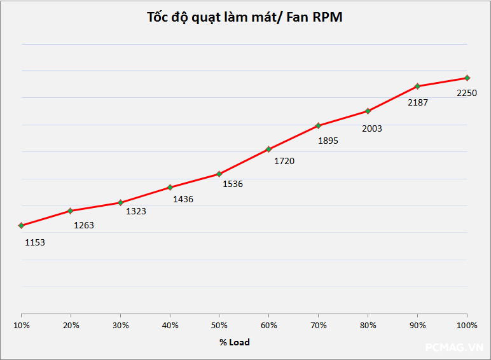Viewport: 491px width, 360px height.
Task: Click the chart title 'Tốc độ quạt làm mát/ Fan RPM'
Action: pyautogui.click(x=245, y=17)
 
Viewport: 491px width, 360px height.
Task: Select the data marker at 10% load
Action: pyautogui.click(x=22, y=225)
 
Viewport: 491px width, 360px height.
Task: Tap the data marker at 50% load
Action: pyautogui.click(x=219, y=174)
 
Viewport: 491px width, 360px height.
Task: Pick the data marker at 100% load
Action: pyautogui.click(x=467, y=78)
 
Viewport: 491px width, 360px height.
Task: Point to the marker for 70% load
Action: pyautogui.click(x=318, y=125)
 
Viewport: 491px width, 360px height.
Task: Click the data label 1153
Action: pyautogui.click(x=35, y=242)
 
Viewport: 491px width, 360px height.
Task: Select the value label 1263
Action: pyautogui.click(x=84, y=225)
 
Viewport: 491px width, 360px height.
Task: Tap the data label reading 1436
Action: pyautogui.click(x=183, y=199)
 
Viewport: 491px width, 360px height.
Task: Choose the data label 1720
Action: pyautogui.click(x=284, y=161)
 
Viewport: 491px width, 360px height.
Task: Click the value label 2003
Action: pyautogui.click(x=372, y=128)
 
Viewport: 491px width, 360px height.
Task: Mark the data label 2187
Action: pyautogui.click(x=418, y=102)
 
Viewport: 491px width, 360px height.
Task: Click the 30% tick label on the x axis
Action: pyautogui.click(x=121, y=325)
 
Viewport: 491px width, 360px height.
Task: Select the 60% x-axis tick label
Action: pyautogui.click(x=269, y=325)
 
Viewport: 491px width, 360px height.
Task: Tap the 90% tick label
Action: pyautogui.click(x=417, y=325)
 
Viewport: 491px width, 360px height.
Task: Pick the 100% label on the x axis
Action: pyautogui.click(x=467, y=325)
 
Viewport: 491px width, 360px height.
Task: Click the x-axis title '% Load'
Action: pyautogui.click(x=235, y=342)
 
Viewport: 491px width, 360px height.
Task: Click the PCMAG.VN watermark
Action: pyautogui.click(x=454, y=348)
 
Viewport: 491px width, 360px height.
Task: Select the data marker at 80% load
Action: pyautogui.click(x=368, y=111)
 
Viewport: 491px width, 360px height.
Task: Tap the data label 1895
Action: pyautogui.click(x=328, y=141)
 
